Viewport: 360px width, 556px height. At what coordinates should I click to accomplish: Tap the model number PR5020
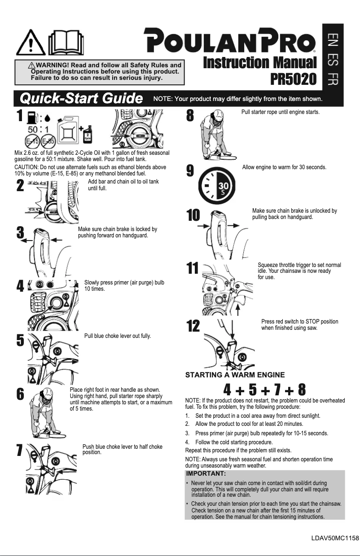[294, 79]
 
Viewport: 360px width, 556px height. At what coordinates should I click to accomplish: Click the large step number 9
[190, 171]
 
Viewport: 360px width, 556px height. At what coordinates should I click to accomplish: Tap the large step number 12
[193, 326]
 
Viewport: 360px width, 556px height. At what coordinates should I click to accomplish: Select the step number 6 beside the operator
[20, 394]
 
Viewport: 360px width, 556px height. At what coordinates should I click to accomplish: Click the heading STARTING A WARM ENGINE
[235, 375]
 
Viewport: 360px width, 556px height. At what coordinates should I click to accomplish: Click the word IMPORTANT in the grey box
[206, 473]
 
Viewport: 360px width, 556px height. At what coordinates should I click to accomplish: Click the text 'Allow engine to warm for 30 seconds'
[284, 167]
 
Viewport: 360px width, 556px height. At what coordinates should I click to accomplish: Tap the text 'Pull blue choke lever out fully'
[118, 336]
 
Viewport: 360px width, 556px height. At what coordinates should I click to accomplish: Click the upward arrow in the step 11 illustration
[238, 309]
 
